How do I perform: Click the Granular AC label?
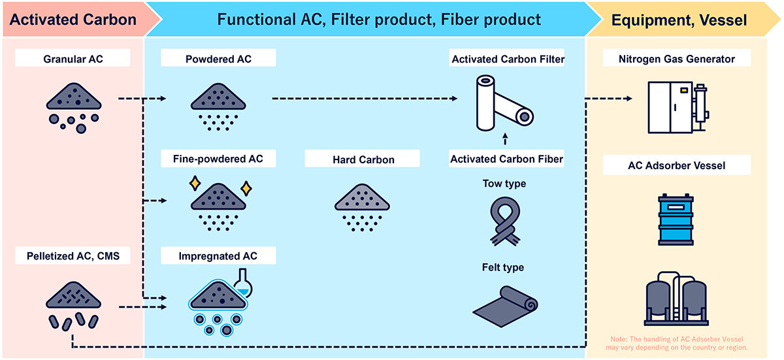(x=73, y=59)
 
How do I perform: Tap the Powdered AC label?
(x=218, y=59)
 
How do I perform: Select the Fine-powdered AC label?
(x=218, y=158)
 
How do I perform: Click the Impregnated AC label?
(x=218, y=255)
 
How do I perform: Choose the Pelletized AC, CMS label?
(x=73, y=255)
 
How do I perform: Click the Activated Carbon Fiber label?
(x=507, y=159)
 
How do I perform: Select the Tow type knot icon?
(x=505, y=222)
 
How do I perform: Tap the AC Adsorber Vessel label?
(x=677, y=166)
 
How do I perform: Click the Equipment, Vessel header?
(x=679, y=20)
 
